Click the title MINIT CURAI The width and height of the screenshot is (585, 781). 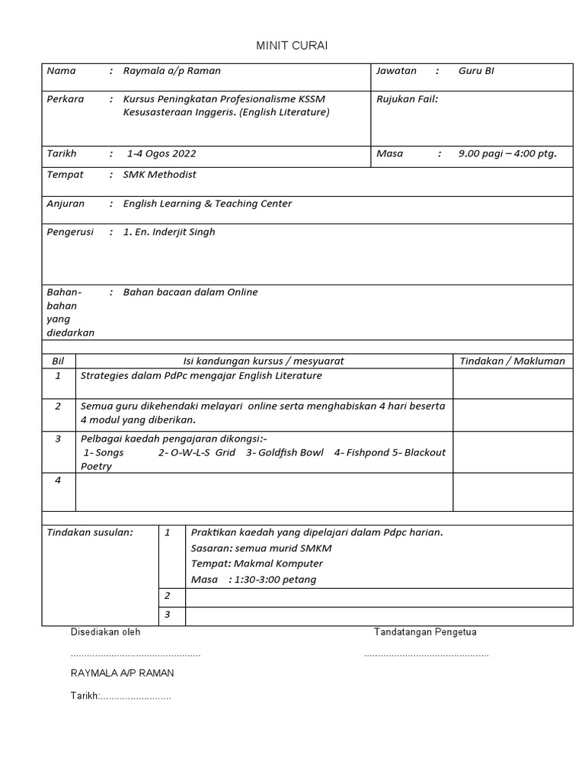click(292, 47)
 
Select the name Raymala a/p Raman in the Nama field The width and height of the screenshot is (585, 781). click(172, 71)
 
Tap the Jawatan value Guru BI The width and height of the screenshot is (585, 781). click(477, 71)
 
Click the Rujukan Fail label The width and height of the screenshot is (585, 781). click(408, 98)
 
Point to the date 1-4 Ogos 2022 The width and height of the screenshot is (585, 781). click(161, 153)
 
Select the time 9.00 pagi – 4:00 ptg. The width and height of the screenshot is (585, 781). click(507, 153)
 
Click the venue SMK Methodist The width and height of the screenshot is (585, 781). click(159, 175)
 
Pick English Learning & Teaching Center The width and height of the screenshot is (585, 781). click(207, 204)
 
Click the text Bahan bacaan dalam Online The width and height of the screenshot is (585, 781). click(190, 292)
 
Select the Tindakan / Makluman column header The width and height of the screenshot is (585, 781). click(513, 361)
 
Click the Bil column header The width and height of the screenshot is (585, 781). click(58, 361)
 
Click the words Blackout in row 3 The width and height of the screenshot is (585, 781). click(425, 452)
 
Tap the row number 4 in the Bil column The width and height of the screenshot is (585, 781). click(58, 480)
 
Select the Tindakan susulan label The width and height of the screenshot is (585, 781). click(90, 532)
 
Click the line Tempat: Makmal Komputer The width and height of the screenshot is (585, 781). click(257, 564)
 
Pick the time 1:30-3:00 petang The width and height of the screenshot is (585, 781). click(274, 580)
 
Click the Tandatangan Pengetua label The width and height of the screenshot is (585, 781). click(425, 632)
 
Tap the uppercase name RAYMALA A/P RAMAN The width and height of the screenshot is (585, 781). click(122, 673)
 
